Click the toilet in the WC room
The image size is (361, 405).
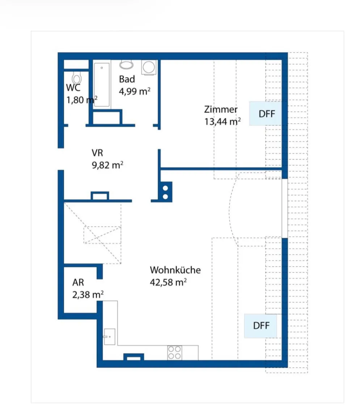[77, 78]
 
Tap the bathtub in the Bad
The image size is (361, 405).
[102, 84]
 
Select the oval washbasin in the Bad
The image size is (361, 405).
[126, 65]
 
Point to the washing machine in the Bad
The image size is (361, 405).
[149, 67]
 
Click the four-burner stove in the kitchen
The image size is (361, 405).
[175, 352]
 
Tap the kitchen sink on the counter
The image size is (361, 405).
[109, 337]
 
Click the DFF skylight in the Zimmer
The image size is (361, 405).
[265, 114]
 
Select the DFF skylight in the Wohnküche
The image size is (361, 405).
[261, 326]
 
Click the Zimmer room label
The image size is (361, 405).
[221, 109]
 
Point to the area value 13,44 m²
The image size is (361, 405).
[223, 121]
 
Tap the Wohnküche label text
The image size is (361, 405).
[175, 270]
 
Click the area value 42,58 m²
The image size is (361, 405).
[168, 282]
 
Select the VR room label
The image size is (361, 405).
[97, 153]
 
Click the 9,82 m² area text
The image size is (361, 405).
[108, 165]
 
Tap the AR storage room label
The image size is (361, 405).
[78, 283]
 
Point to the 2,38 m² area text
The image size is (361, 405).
[88, 295]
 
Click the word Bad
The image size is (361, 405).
[127, 79]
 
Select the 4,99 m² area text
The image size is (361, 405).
[135, 91]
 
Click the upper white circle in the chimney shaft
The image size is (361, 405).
[165, 188]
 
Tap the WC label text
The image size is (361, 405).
[74, 88]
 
